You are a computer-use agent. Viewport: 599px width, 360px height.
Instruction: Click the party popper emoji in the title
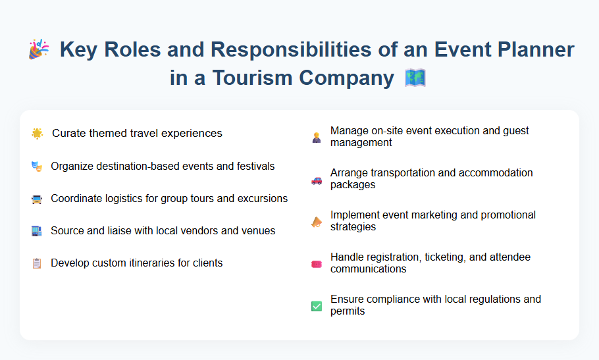(x=39, y=49)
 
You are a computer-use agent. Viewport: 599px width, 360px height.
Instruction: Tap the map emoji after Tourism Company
(x=415, y=78)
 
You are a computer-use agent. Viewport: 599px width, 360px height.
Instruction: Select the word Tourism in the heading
(x=246, y=78)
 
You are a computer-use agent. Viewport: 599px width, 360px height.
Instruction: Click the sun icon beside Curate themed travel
(x=38, y=134)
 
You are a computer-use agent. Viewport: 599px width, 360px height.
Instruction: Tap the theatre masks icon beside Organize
(x=37, y=167)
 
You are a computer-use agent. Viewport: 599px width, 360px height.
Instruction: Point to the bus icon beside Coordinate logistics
(x=37, y=199)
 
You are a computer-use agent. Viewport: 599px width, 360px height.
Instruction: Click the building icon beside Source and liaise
(x=37, y=231)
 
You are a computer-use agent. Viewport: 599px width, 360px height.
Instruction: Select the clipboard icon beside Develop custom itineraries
(x=37, y=263)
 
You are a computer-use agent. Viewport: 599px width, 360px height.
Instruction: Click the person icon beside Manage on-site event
(x=317, y=138)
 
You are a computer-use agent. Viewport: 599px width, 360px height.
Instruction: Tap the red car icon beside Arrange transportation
(x=317, y=179)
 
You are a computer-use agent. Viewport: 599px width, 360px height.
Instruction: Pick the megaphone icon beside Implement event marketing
(x=317, y=222)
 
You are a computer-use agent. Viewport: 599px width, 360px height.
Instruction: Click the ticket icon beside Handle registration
(x=317, y=264)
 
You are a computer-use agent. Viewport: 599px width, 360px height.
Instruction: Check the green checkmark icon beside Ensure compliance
(x=317, y=306)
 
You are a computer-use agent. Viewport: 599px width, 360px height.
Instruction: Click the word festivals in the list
(x=253, y=166)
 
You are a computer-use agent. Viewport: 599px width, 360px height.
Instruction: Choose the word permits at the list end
(x=348, y=311)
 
